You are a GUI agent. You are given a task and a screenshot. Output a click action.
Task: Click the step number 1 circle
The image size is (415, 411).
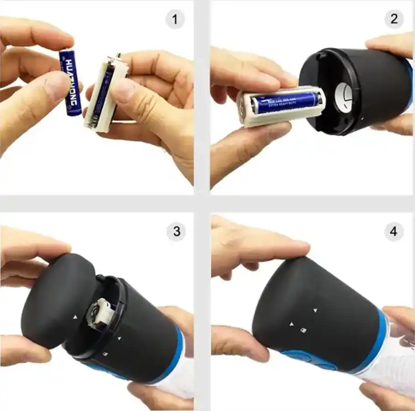coord(175,20)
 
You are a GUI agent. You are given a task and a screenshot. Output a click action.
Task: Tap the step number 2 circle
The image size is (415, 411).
coord(394,19)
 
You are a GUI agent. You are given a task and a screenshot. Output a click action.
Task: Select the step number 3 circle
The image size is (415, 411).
coord(176,232)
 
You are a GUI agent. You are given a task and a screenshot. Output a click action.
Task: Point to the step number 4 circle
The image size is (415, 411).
coord(394,232)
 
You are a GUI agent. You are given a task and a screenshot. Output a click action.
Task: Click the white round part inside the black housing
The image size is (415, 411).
coord(345,96)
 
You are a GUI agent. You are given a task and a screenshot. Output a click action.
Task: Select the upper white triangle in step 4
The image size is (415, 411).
coord(315,310)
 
